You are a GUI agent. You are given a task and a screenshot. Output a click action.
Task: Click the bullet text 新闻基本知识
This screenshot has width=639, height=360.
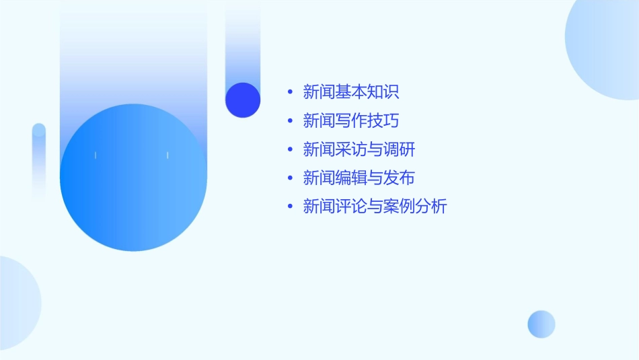click(351, 92)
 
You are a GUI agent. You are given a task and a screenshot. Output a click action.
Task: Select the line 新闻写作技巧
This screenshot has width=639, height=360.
click(351, 120)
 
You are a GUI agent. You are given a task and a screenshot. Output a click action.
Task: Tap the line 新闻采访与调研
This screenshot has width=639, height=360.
click(359, 149)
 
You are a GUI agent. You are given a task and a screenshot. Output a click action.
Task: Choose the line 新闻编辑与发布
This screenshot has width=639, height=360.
click(359, 178)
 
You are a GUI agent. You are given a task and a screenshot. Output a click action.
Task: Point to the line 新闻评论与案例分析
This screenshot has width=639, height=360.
click(375, 207)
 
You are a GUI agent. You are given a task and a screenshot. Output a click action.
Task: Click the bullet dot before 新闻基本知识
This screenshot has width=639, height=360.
click(290, 92)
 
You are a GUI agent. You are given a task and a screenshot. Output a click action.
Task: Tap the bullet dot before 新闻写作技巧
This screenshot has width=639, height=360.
click(290, 120)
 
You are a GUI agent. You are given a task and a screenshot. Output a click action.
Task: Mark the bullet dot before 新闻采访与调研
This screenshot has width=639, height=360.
click(290, 149)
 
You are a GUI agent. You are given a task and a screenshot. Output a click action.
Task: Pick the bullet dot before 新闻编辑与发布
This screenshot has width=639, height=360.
click(290, 178)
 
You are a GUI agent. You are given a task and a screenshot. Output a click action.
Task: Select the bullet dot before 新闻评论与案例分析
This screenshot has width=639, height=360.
click(290, 207)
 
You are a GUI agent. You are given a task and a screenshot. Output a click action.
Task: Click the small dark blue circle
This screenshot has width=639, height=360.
click(243, 100)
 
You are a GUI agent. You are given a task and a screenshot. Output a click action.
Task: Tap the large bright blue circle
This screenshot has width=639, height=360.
click(133, 178)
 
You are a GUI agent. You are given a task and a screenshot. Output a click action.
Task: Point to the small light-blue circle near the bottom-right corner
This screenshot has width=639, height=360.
click(541, 324)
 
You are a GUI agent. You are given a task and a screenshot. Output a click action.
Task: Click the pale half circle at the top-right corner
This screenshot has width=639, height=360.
click(605, 47)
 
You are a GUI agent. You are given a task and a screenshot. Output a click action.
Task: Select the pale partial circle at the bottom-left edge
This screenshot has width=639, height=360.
click(17, 303)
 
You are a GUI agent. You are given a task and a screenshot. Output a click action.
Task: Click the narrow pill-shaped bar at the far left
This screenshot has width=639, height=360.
click(39, 161)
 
